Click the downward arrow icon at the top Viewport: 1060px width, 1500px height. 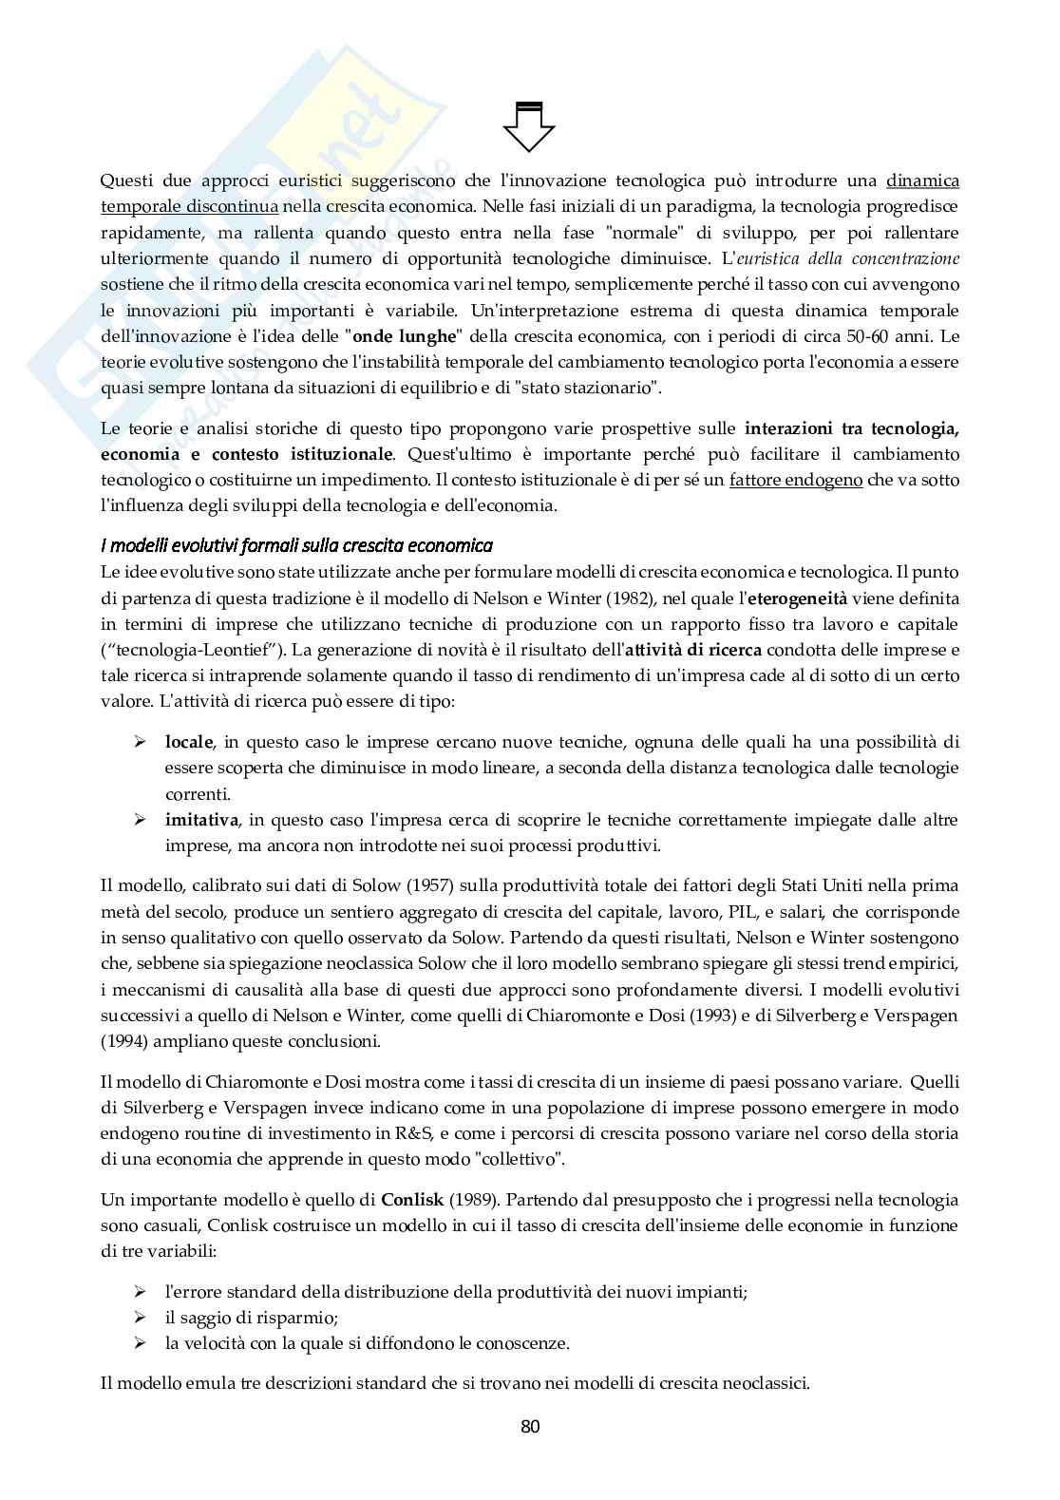pyautogui.click(x=529, y=124)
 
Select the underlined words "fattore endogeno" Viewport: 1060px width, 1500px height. pyautogui.click(x=796, y=480)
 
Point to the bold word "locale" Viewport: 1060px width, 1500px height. pyautogui.click(x=189, y=741)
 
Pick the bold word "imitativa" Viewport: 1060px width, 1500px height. pyautogui.click(x=201, y=819)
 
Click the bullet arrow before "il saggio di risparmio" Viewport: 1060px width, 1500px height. pyautogui.click(x=140, y=1318)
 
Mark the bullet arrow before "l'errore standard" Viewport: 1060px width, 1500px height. pyautogui.click(x=140, y=1292)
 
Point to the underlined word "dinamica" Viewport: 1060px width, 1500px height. pyautogui.click(x=922, y=180)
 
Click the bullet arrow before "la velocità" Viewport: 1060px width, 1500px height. pyautogui.click(x=140, y=1343)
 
